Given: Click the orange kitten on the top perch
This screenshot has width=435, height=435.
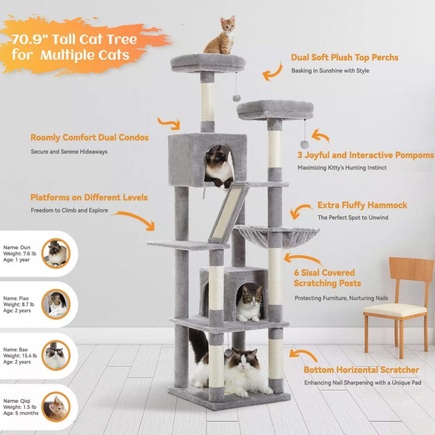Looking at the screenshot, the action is click(221, 36).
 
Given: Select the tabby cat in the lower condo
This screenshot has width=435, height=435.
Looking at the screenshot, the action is click(249, 304).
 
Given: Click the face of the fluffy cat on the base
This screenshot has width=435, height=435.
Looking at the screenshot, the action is click(244, 360).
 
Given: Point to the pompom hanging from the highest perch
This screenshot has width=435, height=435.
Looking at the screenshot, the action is click(237, 98).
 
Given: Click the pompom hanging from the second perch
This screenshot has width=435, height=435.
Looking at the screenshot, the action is click(304, 144).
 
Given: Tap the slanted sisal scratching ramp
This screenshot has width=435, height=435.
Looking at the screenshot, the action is click(229, 213).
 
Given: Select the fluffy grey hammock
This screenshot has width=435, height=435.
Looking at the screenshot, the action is click(277, 236).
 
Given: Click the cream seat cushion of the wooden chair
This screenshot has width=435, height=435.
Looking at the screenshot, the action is click(395, 310).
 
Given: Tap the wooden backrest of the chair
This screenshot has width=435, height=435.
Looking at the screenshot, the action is click(412, 270).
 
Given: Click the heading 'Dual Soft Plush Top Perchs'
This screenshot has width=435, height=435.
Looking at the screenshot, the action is click(345, 58).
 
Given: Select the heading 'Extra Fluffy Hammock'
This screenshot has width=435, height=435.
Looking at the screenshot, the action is click(362, 205).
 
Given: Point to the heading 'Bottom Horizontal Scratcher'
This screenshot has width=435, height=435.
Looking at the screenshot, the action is click(361, 370).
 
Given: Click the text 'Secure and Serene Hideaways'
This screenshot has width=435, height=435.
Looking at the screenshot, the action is click(69, 152).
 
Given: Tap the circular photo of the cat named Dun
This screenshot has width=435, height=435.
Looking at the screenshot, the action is click(56, 253).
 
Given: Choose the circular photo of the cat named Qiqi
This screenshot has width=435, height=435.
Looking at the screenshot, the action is click(56, 407).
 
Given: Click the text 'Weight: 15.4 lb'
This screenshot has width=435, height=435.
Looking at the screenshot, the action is click(20, 356).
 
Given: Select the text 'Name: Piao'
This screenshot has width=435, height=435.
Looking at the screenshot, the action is click(16, 298).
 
